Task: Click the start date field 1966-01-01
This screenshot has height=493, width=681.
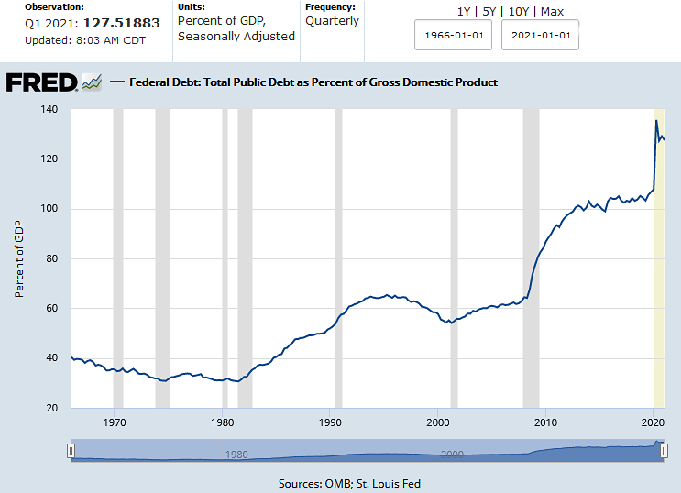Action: tap(455, 37)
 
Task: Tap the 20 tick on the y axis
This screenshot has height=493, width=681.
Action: tap(51, 408)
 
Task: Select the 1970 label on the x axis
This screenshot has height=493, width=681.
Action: tap(115, 422)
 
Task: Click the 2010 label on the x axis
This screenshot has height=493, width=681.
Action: tap(546, 422)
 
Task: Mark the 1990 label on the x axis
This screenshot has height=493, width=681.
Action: tap(331, 422)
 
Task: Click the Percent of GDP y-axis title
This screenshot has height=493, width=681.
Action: tap(19, 258)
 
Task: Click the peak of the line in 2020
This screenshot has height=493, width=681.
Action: tap(656, 121)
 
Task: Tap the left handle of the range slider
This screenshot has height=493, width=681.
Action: tap(71, 451)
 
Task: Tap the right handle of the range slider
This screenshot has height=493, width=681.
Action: tap(662, 451)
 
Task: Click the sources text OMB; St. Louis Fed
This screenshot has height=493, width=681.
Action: tap(349, 483)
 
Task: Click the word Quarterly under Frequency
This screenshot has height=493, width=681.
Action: tap(332, 21)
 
